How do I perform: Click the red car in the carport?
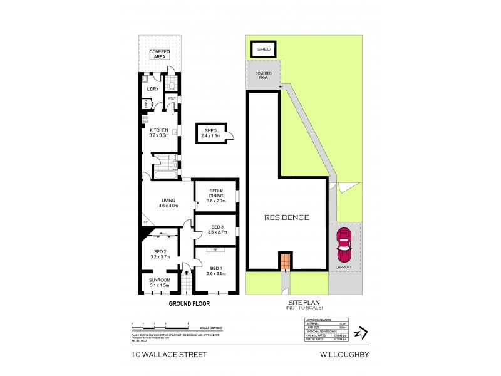click(x=344, y=246)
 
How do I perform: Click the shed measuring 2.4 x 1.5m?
click(x=210, y=133)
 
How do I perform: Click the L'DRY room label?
click(x=152, y=90)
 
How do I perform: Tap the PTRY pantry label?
click(x=171, y=100)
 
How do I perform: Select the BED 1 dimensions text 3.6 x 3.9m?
click(x=215, y=273)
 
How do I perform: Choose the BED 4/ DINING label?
click(x=215, y=194)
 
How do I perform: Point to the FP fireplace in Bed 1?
click(x=215, y=249)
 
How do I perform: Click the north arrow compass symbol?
click(x=359, y=333)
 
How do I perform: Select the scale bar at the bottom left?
click(x=160, y=324)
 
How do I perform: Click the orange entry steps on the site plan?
click(x=286, y=261)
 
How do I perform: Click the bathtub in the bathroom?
click(x=161, y=175)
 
